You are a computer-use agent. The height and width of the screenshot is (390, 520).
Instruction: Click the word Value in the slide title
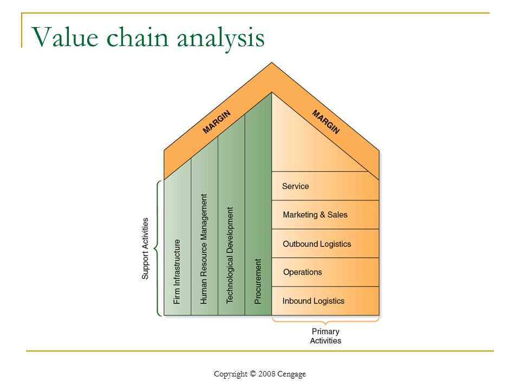pyautogui.click(x=65, y=37)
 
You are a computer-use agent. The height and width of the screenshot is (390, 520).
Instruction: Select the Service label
pyautogui.click(x=296, y=186)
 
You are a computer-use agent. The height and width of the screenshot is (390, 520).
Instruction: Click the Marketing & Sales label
pyautogui.click(x=315, y=214)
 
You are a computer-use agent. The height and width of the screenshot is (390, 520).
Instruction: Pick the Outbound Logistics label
pyautogui.click(x=317, y=244)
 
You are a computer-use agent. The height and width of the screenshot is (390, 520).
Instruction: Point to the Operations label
pyautogui.click(x=302, y=272)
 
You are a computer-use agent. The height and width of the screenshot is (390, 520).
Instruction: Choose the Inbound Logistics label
pyautogui.click(x=314, y=301)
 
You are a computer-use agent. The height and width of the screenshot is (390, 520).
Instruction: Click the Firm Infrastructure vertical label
pyautogui.click(x=177, y=271)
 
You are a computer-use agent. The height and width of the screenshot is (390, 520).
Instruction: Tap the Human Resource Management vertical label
pyautogui.click(x=204, y=249)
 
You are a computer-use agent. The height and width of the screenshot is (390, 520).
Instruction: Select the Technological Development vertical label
pyautogui.click(x=230, y=255)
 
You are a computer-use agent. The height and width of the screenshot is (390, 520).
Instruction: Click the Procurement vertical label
pyautogui.click(x=258, y=281)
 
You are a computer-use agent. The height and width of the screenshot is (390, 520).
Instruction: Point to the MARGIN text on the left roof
pyautogui.click(x=216, y=122)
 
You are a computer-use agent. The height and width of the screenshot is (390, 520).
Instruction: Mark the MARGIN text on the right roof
pyautogui.click(x=326, y=122)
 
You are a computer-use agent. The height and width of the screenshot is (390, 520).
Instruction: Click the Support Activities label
pyautogui.click(x=145, y=249)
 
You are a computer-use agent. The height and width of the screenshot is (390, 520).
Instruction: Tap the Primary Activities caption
pyautogui.click(x=326, y=336)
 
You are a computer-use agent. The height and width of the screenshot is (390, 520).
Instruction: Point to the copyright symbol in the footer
pyautogui.click(x=253, y=373)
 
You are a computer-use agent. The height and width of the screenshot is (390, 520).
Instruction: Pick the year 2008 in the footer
pyautogui.click(x=266, y=374)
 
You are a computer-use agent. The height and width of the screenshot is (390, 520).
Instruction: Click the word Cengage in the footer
pyautogui.click(x=291, y=374)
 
